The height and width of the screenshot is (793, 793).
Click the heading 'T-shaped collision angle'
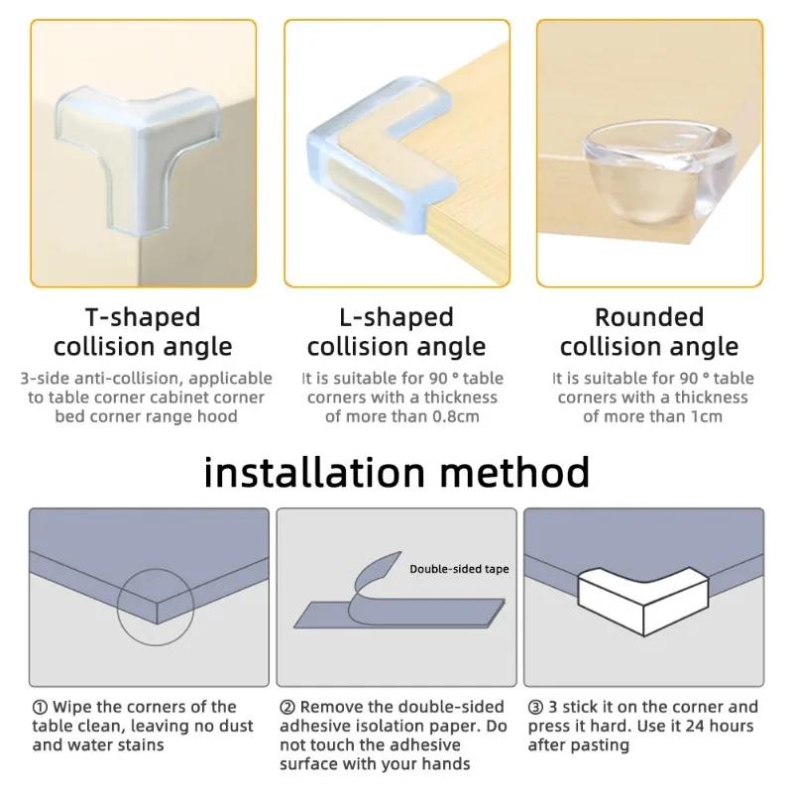143,332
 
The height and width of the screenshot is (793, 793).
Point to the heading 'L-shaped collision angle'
396,332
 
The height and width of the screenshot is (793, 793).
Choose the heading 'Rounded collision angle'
649,332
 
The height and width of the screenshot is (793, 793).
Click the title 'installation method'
396,472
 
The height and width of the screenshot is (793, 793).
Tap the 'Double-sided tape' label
459,569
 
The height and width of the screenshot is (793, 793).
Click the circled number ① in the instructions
40,708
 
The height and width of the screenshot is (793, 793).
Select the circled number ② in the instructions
287,708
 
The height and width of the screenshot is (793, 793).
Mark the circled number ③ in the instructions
535,708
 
